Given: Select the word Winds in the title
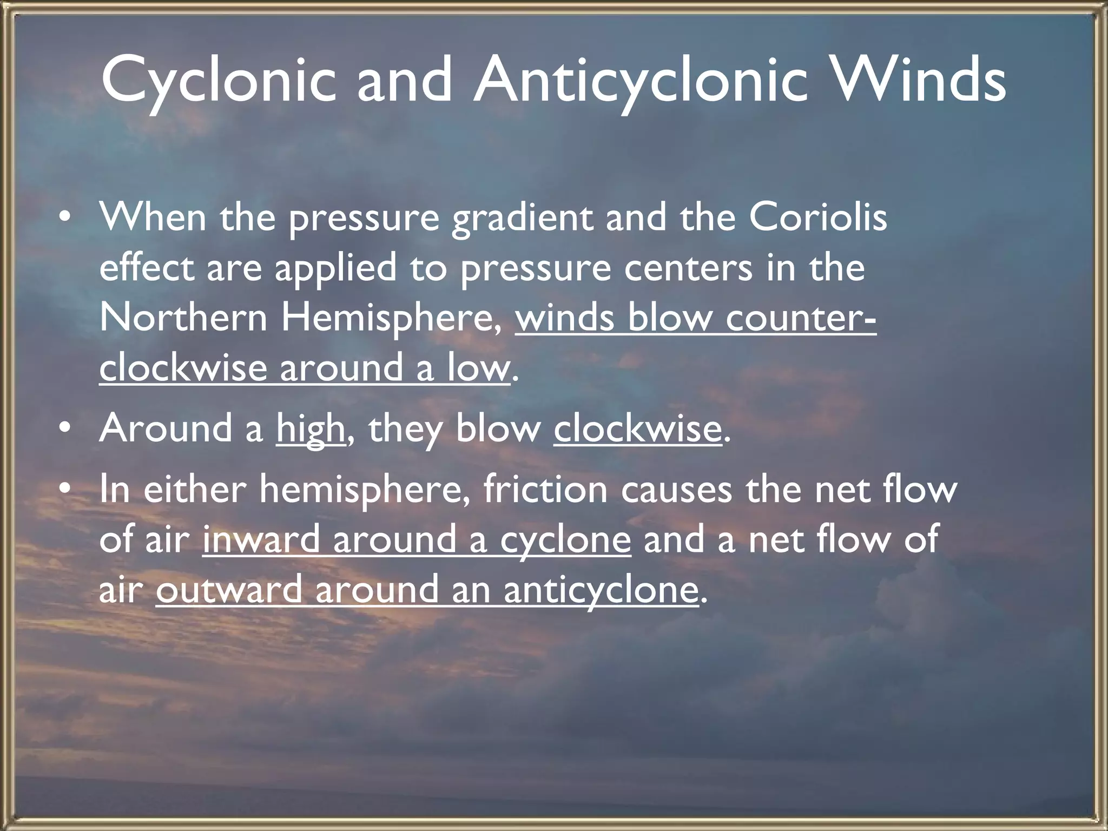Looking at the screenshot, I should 920,81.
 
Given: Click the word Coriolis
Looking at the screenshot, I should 817,217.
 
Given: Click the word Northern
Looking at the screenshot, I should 183,318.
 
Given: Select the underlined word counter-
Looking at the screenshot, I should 801,318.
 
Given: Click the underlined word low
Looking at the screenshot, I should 479,368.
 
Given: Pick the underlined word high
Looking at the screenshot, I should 311,429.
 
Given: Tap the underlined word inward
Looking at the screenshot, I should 262,539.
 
